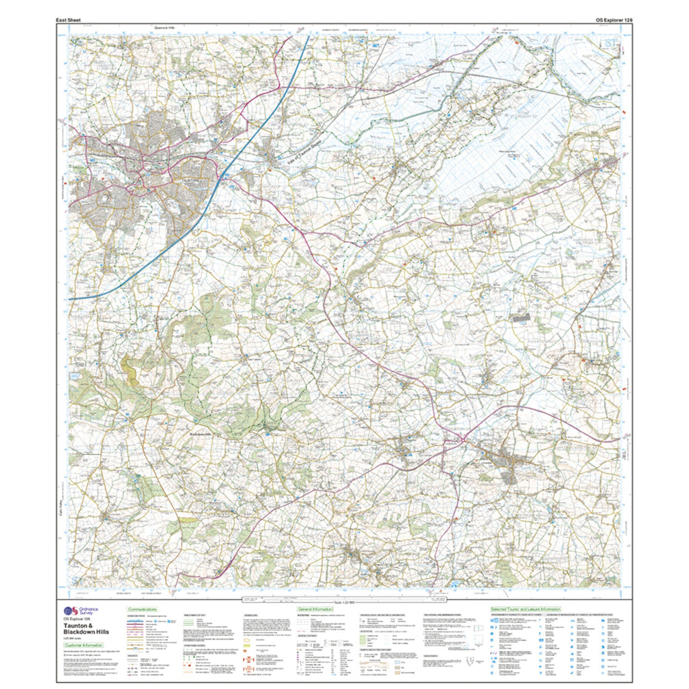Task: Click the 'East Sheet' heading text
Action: tap(71, 20)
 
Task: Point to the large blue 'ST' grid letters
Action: tap(609, 45)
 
